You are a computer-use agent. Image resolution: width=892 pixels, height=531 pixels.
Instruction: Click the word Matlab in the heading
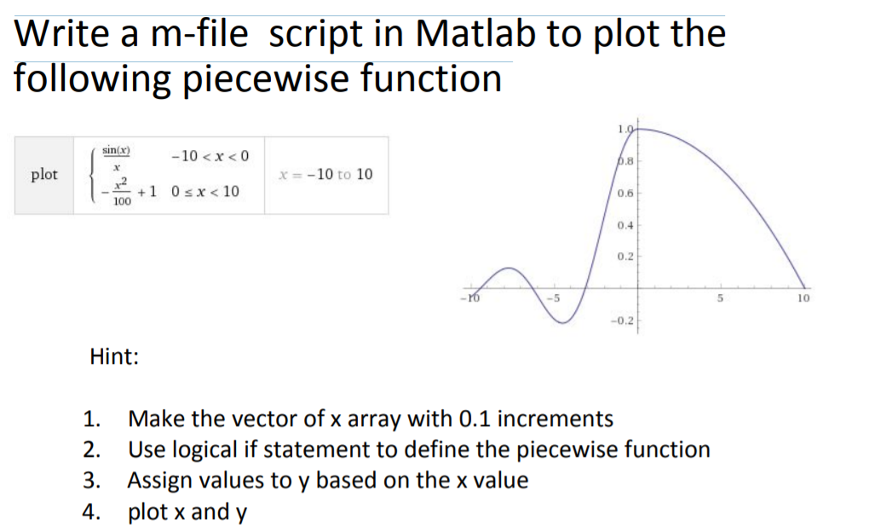(475, 33)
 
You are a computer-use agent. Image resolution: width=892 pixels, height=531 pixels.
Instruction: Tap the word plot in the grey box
(44, 174)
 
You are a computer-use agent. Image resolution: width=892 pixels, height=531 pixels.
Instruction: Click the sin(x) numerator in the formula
(116, 151)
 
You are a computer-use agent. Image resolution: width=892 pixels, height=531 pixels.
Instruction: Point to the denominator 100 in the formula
(122, 201)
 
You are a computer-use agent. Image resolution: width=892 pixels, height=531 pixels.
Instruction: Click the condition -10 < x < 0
(210, 156)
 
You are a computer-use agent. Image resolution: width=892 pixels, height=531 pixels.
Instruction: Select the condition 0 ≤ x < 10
(205, 191)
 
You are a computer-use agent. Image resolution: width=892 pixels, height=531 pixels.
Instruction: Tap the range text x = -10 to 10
(326, 174)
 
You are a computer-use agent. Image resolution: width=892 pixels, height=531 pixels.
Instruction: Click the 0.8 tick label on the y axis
(625, 161)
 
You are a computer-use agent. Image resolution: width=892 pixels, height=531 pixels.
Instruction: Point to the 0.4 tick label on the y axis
(625, 225)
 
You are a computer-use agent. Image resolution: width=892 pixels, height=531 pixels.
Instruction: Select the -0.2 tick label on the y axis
(622, 320)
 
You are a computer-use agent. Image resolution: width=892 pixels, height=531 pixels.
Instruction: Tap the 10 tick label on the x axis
(803, 297)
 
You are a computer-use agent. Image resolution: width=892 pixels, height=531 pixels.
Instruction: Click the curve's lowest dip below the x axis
(562, 323)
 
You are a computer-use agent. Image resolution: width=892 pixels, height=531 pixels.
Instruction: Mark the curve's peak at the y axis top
(638, 130)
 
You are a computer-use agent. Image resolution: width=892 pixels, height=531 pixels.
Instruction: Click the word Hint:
(114, 357)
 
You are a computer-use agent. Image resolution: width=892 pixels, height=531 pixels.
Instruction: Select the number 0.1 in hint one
(475, 418)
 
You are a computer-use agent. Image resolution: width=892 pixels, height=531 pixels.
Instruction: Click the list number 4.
(91, 511)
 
